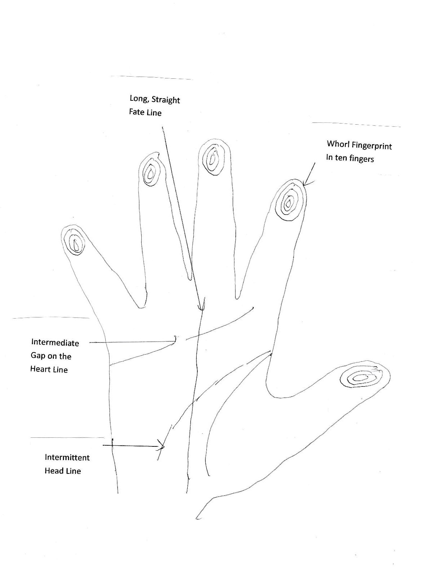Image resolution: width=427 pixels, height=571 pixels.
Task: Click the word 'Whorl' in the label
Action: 336,144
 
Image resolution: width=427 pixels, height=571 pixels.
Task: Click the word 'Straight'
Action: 166,100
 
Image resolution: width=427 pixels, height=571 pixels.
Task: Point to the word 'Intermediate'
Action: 55,342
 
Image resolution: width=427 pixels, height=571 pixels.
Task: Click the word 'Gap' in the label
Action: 38,356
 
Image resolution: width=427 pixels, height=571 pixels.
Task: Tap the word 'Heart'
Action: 39,369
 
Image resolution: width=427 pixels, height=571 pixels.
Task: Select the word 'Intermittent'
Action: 67,457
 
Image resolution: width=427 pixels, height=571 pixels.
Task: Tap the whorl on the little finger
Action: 75,244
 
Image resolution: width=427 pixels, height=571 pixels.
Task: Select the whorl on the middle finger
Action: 213,159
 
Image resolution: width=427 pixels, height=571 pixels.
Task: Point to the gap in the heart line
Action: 181,339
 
